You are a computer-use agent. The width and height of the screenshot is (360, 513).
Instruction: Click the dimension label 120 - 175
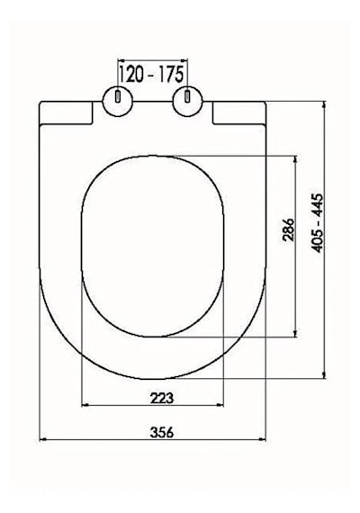tap(151, 75)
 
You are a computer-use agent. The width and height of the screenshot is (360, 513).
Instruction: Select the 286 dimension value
tap(289, 229)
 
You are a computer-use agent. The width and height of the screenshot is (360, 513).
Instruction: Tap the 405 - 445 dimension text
tap(318, 223)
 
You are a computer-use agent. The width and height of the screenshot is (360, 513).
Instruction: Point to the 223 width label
tap(162, 398)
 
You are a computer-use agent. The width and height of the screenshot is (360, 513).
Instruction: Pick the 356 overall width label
tap(162, 433)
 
